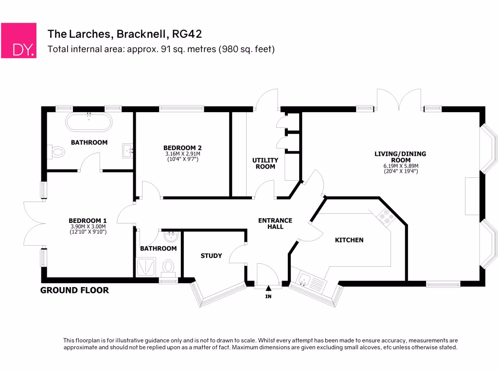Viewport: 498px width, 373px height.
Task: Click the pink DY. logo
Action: point(18,40)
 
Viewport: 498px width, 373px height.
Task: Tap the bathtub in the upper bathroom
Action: point(89,122)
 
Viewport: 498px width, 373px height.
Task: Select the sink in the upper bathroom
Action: point(128,151)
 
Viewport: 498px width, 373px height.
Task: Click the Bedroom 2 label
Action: point(182,148)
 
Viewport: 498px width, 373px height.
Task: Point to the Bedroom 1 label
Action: point(88,220)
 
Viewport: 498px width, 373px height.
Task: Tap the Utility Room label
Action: point(265,163)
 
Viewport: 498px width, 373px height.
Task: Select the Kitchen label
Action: point(349,240)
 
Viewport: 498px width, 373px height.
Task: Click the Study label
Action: point(211,255)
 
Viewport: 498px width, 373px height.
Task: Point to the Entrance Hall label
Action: point(275,223)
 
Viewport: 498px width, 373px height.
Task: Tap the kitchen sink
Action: point(304,279)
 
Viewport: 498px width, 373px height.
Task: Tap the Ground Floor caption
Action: point(74,290)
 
